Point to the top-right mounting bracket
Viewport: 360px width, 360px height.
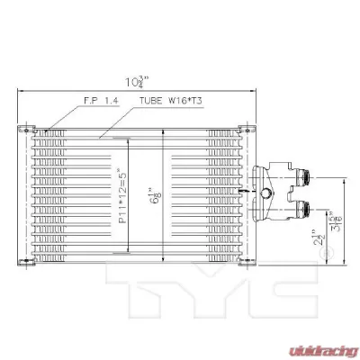click(240, 128)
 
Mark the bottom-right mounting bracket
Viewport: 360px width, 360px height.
click(240, 262)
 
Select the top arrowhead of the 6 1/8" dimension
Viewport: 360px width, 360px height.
click(162, 130)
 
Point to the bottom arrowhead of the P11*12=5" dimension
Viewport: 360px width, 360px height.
click(127, 252)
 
